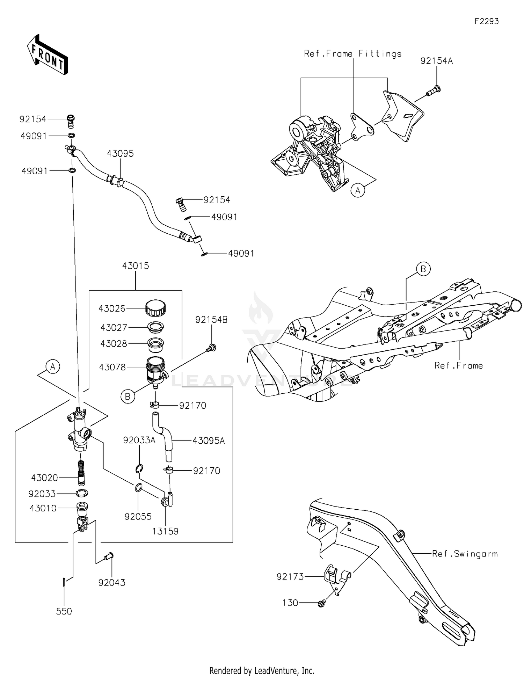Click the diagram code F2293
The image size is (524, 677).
(x=486, y=21)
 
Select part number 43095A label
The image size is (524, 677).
(x=209, y=441)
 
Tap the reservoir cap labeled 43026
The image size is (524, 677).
(x=155, y=307)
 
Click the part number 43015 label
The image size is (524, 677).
(x=136, y=266)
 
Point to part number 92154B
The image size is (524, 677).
(x=211, y=320)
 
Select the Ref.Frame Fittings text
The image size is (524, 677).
(x=352, y=54)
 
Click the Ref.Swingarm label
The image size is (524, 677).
(x=465, y=554)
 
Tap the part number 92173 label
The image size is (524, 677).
(x=290, y=577)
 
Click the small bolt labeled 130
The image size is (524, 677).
(x=321, y=603)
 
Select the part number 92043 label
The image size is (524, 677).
(x=112, y=583)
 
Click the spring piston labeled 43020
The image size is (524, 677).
(x=81, y=473)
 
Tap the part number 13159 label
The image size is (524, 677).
(x=165, y=531)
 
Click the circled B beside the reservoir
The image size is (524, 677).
(x=128, y=396)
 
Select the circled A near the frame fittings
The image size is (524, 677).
(x=358, y=190)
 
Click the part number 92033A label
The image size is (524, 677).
(x=139, y=441)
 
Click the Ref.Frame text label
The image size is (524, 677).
(x=458, y=366)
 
